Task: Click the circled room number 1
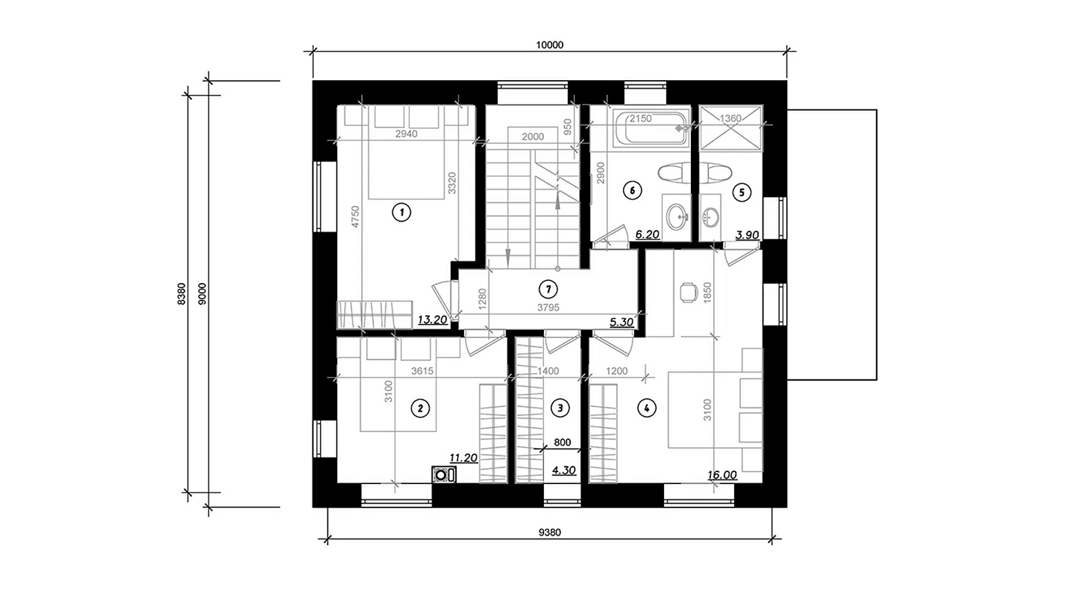click(x=401, y=212)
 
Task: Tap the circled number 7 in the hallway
click(x=548, y=289)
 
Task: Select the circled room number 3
click(x=560, y=408)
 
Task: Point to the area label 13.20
click(x=433, y=320)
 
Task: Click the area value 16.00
click(x=722, y=475)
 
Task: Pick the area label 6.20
click(x=647, y=234)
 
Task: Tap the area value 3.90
click(x=747, y=234)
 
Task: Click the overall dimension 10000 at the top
click(x=550, y=45)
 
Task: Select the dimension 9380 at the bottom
click(x=550, y=532)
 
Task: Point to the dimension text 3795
click(x=548, y=308)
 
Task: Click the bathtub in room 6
click(x=651, y=128)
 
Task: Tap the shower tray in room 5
click(x=730, y=128)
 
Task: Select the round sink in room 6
click(x=676, y=217)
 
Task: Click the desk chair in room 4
click(x=688, y=292)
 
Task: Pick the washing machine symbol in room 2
click(x=444, y=475)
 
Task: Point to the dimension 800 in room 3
click(x=562, y=442)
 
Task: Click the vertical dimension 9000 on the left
click(x=202, y=294)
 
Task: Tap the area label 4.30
click(x=563, y=470)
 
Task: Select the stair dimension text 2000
click(x=533, y=137)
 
